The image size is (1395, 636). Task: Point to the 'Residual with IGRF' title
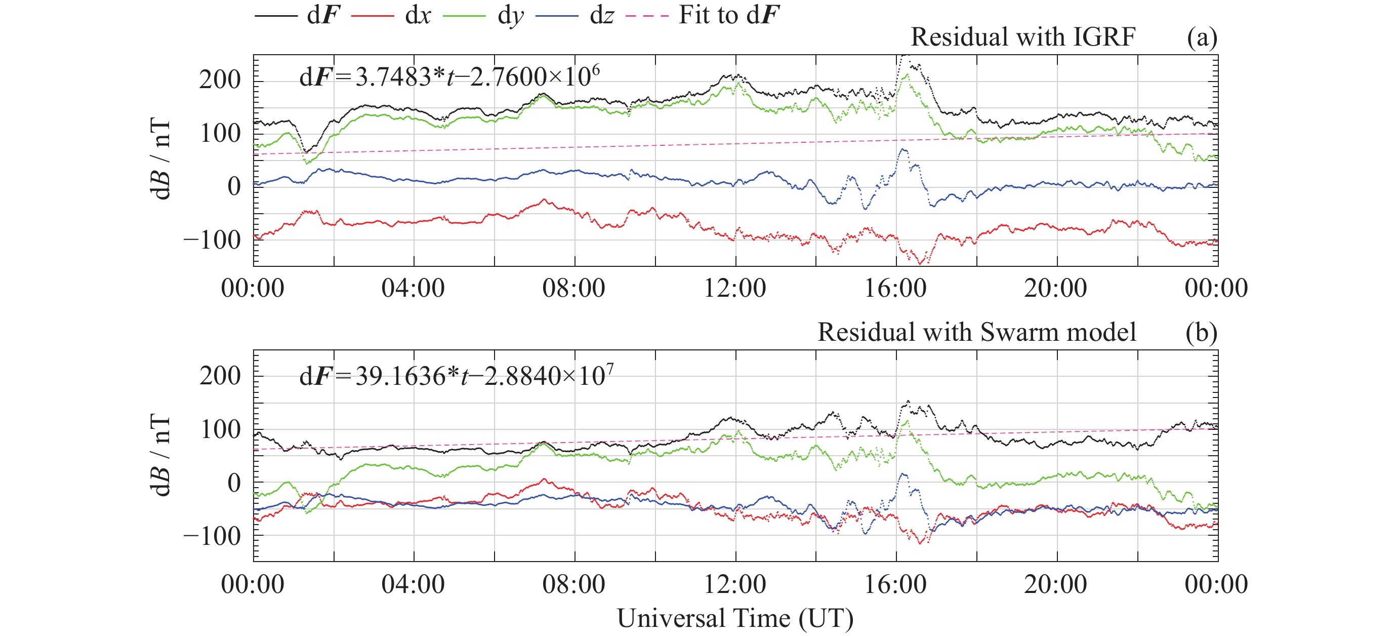pos(1022,37)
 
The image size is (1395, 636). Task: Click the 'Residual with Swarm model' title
pos(976,332)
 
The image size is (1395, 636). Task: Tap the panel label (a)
pos(1202,37)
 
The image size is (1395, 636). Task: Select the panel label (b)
pos(1202,332)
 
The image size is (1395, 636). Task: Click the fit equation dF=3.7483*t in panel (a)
pos(449,76)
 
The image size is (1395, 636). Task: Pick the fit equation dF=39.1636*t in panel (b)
pos(456,375)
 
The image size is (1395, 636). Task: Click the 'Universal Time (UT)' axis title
pos(735,618)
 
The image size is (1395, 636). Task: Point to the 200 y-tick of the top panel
pos(219,80)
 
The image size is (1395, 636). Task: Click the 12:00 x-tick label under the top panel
pos(735,288)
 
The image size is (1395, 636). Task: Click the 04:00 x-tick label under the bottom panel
pos(413,584)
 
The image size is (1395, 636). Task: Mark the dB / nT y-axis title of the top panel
pos(160,160)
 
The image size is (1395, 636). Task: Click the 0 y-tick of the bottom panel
pos(234,483)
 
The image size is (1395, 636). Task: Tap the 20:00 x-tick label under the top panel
pos(1055,288)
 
